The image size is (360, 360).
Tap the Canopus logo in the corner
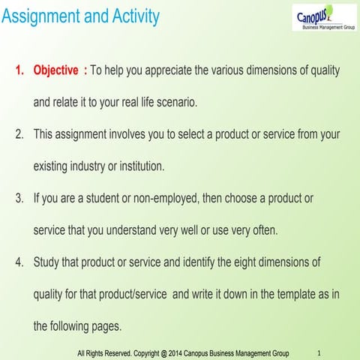(x=323, y=16)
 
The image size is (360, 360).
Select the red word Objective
(x=55, y=70)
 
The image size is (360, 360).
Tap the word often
(x=262, y=230)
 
